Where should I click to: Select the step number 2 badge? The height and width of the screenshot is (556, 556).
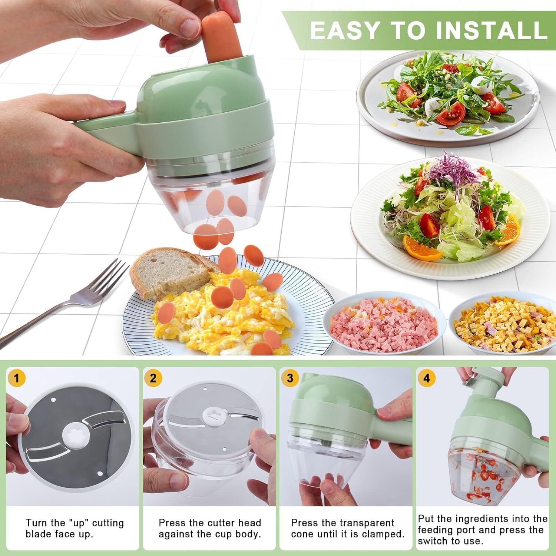(x=153, y=378)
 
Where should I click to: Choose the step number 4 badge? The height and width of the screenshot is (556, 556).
(x=427, y=378)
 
